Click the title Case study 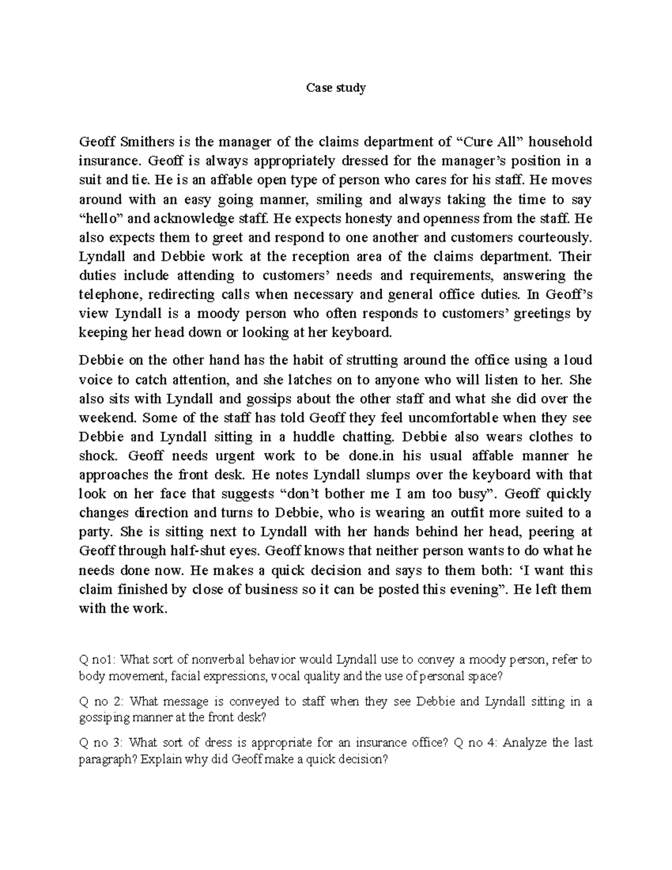point(335,87)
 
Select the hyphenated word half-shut point(211,551)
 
